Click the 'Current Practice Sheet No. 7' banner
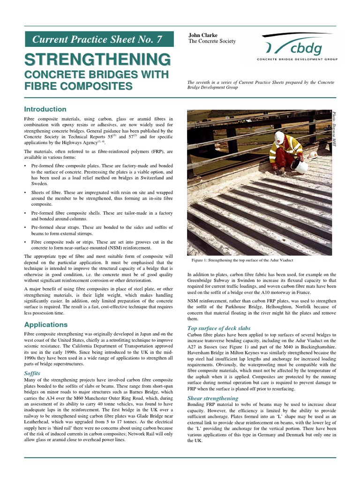click(97, 39)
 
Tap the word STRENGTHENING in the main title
click(97, 60)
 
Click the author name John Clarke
click(203, 35)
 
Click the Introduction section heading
click(45, 109)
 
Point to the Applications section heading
click(46, 324)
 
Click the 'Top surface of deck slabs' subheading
click(219, 328)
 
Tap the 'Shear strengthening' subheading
click(212, 398)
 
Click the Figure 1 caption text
click(242, 260)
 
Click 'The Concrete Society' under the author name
click(212, 41)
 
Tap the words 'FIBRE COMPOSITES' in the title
click(78, 86)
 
